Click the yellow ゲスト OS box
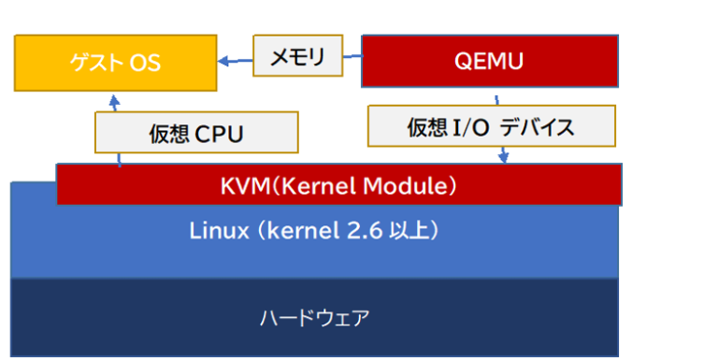tap(116, 62)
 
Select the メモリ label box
tap(296, 56)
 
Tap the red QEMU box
tap(489, 62)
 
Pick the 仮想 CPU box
tap(196, 133)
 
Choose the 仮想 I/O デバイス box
tap(492, 126)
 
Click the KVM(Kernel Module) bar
tap(338, 184)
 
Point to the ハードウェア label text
tap(314, 318)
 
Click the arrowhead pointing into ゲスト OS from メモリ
tap(224, 63)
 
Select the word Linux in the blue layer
tap(220, 229)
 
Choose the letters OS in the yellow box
tap(145, 63)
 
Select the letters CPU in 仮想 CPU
tap(219, 134)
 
